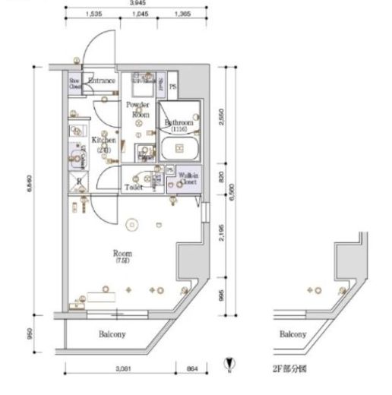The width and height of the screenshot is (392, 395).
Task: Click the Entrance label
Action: pyautogui.click(x=101, y=81)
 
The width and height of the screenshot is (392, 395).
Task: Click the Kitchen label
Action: pyautogui.click(x=103, y=144)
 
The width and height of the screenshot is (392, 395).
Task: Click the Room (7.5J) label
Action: pyautogui.click(x=123, y=257)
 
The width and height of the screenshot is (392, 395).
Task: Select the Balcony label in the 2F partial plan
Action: pyautogui.click(x=292, y=334)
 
